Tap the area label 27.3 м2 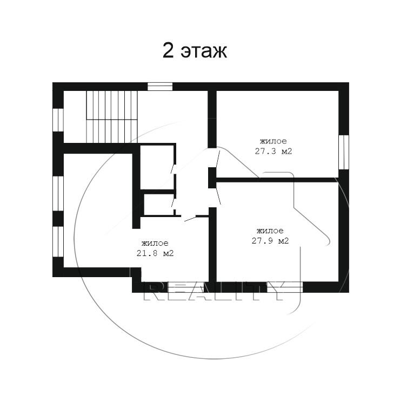tap(273, 152)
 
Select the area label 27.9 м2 tap(270, 241)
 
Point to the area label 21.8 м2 tap(155, 253)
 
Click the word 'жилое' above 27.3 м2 tap(273, 141)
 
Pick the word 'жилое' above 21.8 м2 tap(155, 243)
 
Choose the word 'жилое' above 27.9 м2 tap(270, 231)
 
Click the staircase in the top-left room tap(112, 116)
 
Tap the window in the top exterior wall tap(160, 86)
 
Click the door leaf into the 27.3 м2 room tap(217, 159)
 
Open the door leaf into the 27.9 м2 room tap(218, 195)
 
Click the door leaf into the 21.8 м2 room tap(190, 218)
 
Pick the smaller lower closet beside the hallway tap(158, 205)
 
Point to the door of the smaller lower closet tap(173, 203)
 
